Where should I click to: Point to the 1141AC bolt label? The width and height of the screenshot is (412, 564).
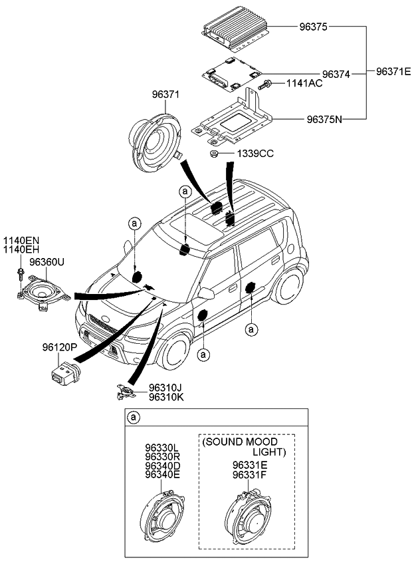coord(304,84)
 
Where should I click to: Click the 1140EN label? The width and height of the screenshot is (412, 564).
coord(22,241)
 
